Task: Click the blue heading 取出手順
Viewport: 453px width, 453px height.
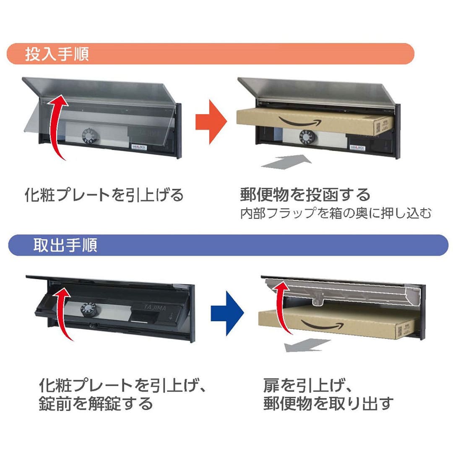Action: point(65,245)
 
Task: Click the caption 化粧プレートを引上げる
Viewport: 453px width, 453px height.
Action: point(104,195)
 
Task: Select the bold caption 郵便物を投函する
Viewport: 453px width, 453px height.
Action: point(305,195)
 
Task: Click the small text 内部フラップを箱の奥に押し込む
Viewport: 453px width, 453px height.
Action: point(336,213)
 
